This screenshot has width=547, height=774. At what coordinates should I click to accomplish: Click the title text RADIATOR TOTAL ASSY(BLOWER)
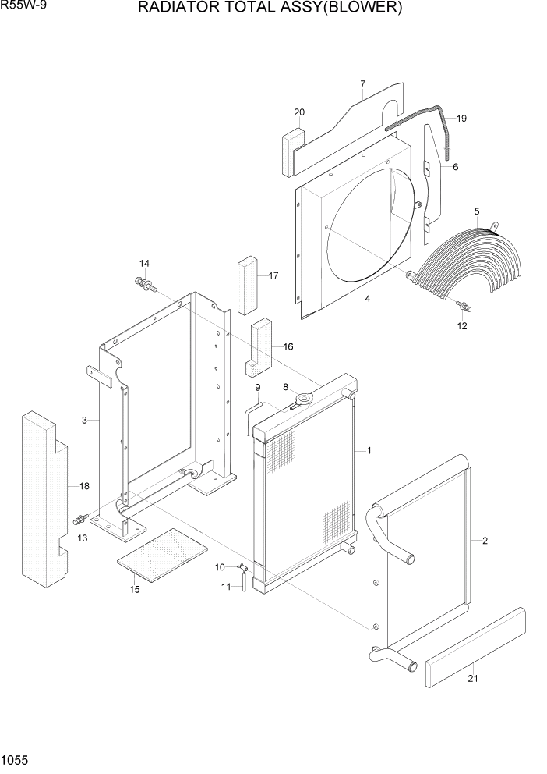click(270, 9)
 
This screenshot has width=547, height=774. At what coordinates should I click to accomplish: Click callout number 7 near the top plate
click(362, 84)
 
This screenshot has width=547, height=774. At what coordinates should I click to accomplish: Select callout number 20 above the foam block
click(299, 113)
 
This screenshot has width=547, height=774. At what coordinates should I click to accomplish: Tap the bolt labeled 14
click(144, 283)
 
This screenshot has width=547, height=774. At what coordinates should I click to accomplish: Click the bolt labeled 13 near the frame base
click(80, 519)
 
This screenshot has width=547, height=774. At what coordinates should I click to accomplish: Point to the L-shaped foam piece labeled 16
click(258, 343)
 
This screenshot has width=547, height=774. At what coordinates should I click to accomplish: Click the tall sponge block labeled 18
click(45, 499)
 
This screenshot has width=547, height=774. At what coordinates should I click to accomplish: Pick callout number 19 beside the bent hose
click(461, 119)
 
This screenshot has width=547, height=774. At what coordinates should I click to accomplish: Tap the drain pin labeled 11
click(244, 581)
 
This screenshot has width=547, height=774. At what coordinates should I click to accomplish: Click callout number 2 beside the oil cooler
click(485, 541)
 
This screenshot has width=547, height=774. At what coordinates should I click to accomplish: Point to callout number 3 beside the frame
click(83, 421)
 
